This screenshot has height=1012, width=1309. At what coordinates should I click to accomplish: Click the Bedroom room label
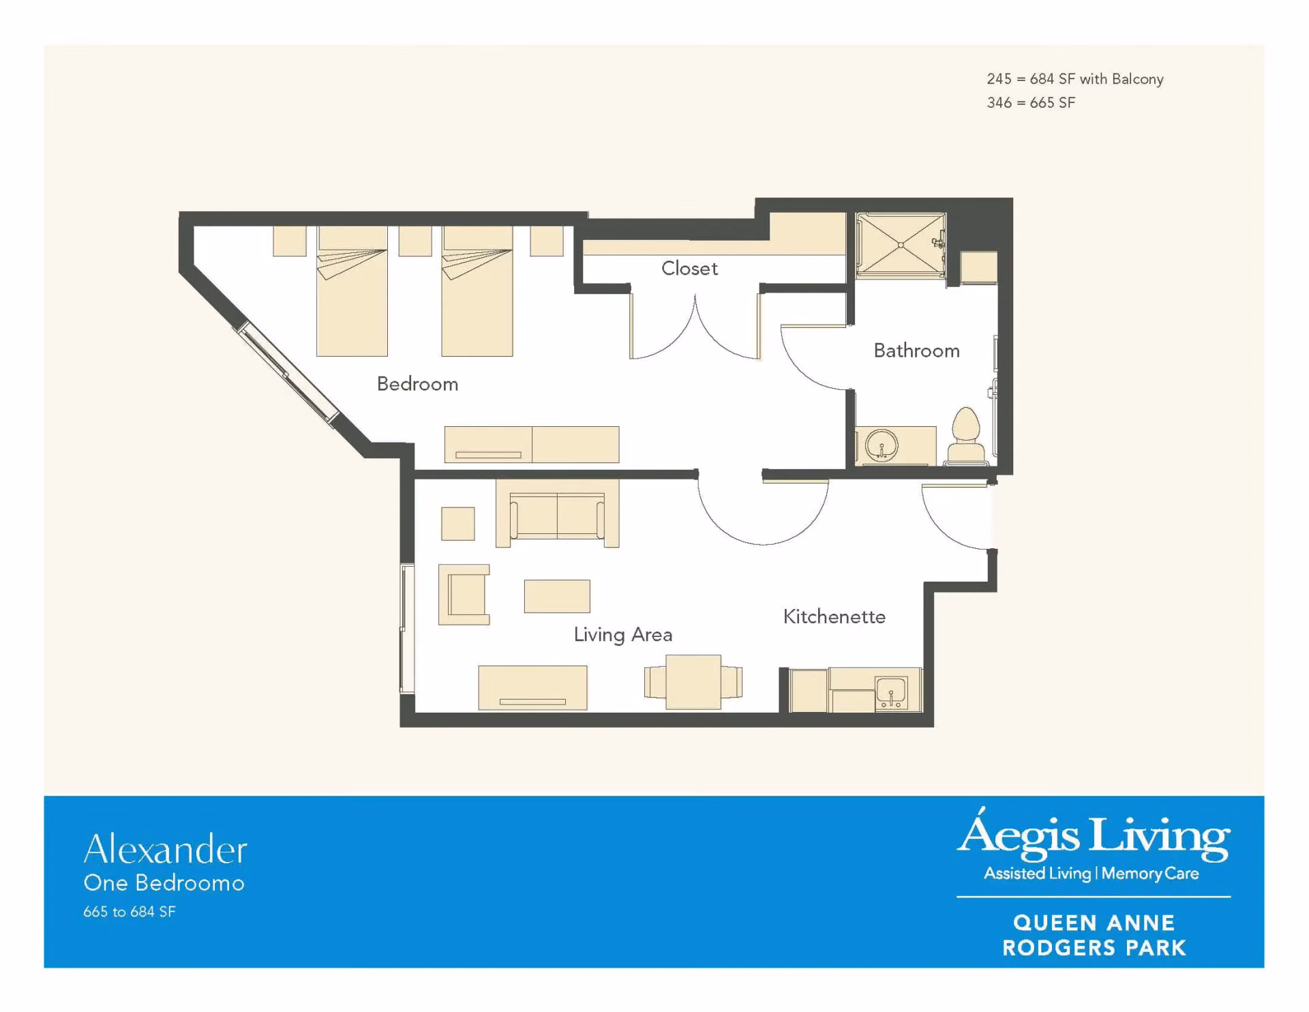[417, 384]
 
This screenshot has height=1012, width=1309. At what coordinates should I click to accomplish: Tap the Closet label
[689, 268]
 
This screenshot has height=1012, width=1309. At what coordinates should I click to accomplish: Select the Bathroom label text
[916, 351]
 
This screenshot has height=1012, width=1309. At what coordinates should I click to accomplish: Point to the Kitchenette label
[834, 616]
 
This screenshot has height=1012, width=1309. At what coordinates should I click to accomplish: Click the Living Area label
[622, 635]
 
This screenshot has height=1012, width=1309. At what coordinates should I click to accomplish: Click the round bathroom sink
[882, 447]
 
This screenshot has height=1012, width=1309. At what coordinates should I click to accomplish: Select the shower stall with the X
[901, 245]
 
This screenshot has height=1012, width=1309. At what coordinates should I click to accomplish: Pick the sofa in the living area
[557, 514]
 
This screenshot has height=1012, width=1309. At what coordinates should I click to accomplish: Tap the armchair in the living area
[464, 595]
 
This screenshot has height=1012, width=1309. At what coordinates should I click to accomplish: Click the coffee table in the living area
[557, 597]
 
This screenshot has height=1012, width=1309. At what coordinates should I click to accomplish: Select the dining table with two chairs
[693, 682]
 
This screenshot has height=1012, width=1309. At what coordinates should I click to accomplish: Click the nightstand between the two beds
[415, 241]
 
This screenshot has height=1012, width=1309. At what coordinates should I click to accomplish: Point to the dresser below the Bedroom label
[532, 445]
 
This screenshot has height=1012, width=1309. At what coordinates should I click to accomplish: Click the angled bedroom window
[287, 372]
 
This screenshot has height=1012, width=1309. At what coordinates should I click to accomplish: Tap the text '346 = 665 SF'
[1031, 102]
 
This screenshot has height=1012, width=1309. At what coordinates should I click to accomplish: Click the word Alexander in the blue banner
[165, 849]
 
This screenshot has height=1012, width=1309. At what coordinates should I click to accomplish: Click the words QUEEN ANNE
[1094, 923]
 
